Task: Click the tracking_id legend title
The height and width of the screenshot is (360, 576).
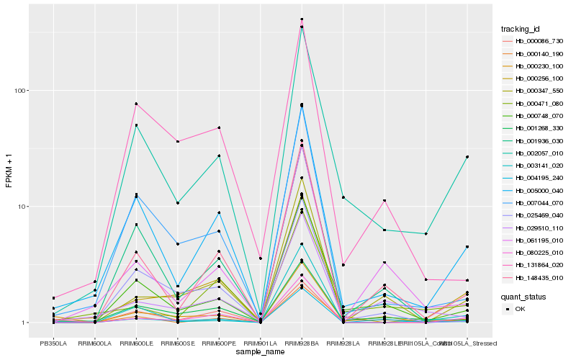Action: pyautogui.click(x=521, y=29)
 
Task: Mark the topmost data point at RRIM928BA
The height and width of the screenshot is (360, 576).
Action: pyautogui.click(x=302, y=19)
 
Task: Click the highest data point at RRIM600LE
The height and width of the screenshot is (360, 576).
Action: pyautogui.click(x=136, y=104)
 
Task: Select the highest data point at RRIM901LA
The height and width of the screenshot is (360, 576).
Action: pyautogui.click(x=260, y=258)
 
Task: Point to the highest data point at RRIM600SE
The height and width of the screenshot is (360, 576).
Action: pyautogui.click(x=177, y=141)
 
